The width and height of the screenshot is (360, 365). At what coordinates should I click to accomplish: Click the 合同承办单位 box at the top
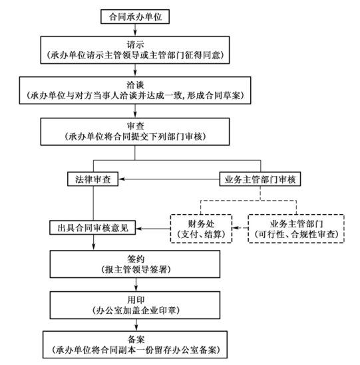pyautogui.click(x=135, y=17)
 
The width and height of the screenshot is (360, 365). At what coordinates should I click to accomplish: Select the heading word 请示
pyautogui.click(x=135, y=45)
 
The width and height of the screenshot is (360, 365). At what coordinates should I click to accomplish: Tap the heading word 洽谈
pyautogui.click(x=135, y=84)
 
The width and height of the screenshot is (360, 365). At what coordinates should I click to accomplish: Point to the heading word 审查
pyautogui.click(x=135, y=126)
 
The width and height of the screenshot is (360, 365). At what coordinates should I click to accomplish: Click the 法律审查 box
pyautogui.click(x=92, y=179)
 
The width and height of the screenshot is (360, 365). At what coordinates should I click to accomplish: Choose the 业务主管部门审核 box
pyautogui.click(x=260, y=179)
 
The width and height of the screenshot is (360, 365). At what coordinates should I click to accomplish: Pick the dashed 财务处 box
pyautogui.click(x=201, y=229)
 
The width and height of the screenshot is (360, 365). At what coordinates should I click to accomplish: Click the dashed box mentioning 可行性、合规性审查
pyautogui.click(x=296, y=229)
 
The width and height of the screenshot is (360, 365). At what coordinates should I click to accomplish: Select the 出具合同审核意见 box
pyautogui.click(x=92, y=227)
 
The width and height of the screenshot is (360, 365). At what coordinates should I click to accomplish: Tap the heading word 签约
pyautogui.click(x=136, y=259)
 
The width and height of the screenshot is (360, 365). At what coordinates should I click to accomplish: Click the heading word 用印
pyautogui.click(x=136, y=300)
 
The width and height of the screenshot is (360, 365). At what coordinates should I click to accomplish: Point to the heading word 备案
pyautogui.click(x=136, y=339)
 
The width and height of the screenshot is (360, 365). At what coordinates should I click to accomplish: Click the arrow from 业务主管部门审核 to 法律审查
pyautogui.click(x=169, y=179)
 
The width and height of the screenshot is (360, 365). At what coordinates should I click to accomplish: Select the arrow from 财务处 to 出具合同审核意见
pyautogui.click(x=153, y=229)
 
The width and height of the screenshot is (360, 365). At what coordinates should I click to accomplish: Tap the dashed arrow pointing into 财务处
pyautogui.click(x=240, y=228)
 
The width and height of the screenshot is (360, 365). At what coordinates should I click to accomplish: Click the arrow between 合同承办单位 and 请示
pyautogui.click(x=135, y=30)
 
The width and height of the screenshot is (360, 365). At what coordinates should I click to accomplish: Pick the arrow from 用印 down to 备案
pyautogui.click(x=136, y=325)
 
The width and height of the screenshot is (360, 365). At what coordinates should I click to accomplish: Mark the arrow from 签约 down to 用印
pyautogui.click(x=136, y=285)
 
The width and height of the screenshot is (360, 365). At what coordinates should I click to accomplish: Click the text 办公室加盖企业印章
pyautogui.click(x=136, y=310)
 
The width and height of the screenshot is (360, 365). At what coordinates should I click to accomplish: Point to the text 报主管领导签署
pyautogui.click(x=136, y=269)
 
